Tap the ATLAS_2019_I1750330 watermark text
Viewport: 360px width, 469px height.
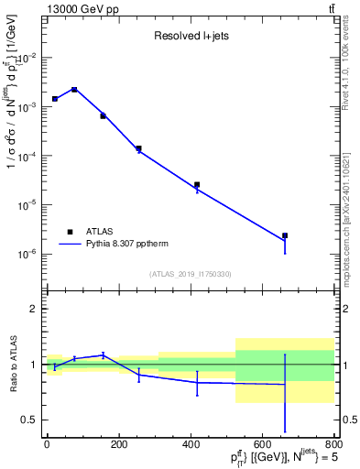coord(190,274)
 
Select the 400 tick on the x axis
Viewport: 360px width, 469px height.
coord(191,445)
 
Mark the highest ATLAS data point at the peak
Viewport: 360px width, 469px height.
coord(74,90)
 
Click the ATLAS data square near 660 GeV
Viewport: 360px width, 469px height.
coord(285,235)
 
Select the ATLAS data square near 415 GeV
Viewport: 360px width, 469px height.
coord(197,184)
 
